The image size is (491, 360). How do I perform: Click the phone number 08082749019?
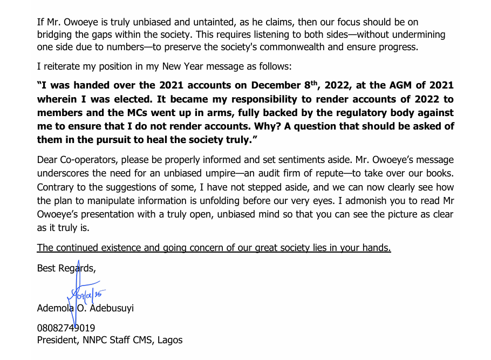(66, 328)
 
